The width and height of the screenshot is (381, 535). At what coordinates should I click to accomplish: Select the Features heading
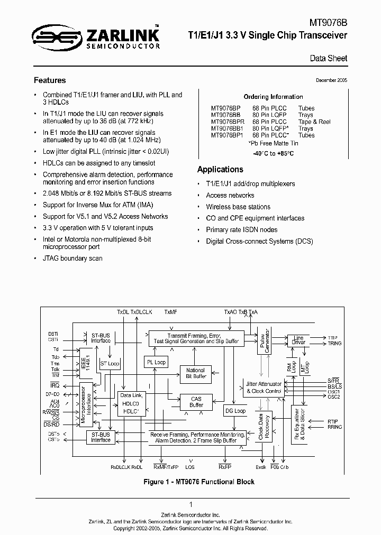pyautogui.click(x=50, y=80)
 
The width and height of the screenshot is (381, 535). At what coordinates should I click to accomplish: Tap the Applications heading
pyautogui.click(x=220, y=169)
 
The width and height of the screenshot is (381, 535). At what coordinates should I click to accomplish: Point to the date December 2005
pyautogui.click(x=331, y=80)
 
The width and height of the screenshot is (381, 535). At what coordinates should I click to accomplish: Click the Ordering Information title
pyautogui.click(x=273, y=97)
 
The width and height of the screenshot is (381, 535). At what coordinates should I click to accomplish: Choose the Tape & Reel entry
pyautogui.click(x=314, y=122)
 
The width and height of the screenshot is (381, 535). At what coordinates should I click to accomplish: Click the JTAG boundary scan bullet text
pyautogui.click(x=72, y=259)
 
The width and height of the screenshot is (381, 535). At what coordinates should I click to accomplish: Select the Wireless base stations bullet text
pyautogui.click(x=238, y=207)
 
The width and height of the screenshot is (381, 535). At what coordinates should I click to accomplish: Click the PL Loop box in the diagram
pyautogui.click(x=156, y=362)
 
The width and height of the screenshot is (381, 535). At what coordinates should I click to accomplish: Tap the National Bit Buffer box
pyautogui.click(x=196, y=373)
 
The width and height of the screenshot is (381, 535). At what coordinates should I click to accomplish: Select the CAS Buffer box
pyautogui.click(x=196, y=402)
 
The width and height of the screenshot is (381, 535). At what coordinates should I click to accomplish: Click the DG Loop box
pyautogui.click(x=235, y=410)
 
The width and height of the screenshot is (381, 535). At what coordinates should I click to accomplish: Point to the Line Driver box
pyautogui.click(x=298, y=340)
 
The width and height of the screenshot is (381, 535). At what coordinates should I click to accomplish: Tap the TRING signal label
pyautogui.click(x=334, y=343)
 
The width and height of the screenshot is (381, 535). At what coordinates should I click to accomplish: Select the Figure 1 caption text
pyautogui.click(x=199, y=482)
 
